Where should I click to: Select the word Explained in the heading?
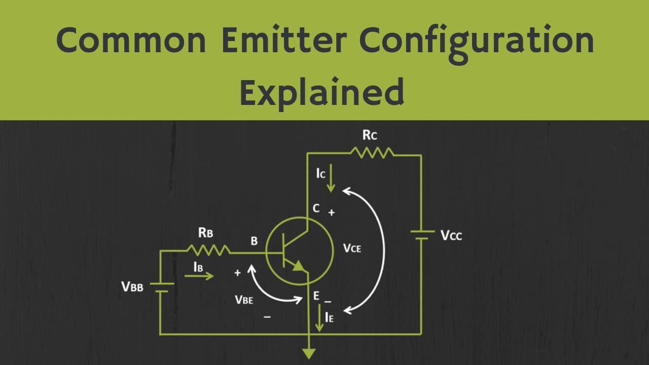coord(322,92)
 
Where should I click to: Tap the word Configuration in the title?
coord(477,44)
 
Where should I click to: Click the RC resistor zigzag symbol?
coord(372,153)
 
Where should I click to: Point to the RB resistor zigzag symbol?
coord(208,250)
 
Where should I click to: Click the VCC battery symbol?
coord(422,235)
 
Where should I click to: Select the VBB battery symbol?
coord(162,287)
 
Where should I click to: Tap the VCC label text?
coord(451,236)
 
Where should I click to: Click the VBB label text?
coord(132,287)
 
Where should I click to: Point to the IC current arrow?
coord(331,178)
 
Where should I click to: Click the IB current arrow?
coord(199,276)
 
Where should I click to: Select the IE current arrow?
coord(319,318)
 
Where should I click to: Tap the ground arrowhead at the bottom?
coord(309,353)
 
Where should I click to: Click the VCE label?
coord(352,248)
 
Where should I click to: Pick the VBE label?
coord(244,300)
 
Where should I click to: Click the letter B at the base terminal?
coord(254,241)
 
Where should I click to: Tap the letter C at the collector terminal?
coord(316,208)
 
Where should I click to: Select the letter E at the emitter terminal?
coord(316,296)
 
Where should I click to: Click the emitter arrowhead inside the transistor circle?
coord(298,266)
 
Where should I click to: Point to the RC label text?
coord(370,135)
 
